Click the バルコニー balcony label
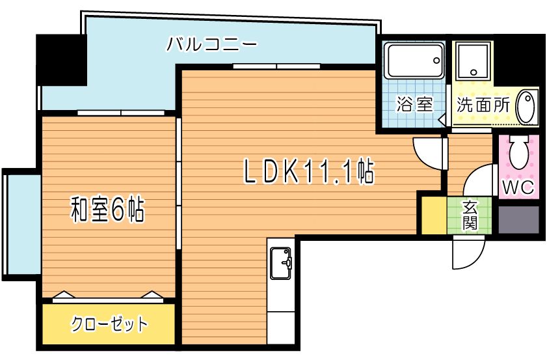pyautogui.click(x=212, y=44)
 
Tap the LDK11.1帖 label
pyautogui.click(x=308, y=172)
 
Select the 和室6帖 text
pyautogui.click(x=107, y=210)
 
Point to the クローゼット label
pyautogui.click(x=109, y=324)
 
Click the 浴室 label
pyautogui.click(x=414, y=104)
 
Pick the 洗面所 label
pyautogui.click(x=483, y=104)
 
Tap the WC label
pyautogui.click(x=518, y=187)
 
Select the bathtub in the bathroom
pyautogui.click(x=414, y=61)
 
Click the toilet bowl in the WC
pyautogui.click(x=520, y=152)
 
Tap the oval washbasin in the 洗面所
pyautogui.click(x=526, y=107)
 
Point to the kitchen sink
pyautogui.click(x=280, y=264)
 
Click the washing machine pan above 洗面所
pyautogui.click(x=473, y=61)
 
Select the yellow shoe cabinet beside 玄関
pyautogui.click(x=434, y=215)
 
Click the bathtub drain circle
pyautogui.click(x=436, y=61)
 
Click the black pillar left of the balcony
pyautogui.click(x=61, y=60)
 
